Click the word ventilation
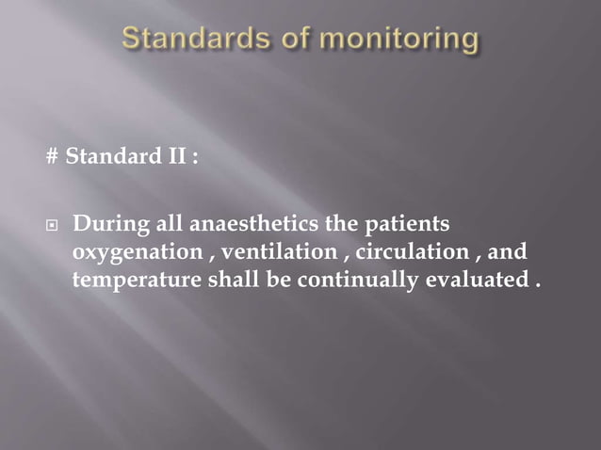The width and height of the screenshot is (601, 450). click(280, 253)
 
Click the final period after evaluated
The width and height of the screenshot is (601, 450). click(538, 284)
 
